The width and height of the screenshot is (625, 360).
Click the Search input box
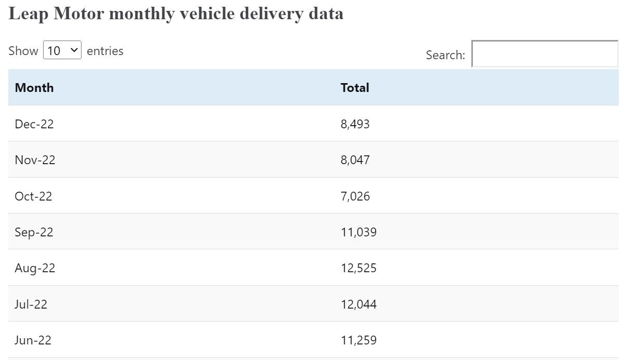pyautogui.click(x=545, y=54)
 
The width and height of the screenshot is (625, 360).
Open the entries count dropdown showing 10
pyautogui.click(x=62, y=50)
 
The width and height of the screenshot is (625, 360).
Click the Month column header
pyautogui.click(x=34, y=87)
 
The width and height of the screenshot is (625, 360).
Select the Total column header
pyautogui.click(x=355, y=87)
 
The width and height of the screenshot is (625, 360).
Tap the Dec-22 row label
pyautogui.click(x=34, y=124)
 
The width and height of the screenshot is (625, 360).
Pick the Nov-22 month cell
pyautogui.click(x=35, y=160)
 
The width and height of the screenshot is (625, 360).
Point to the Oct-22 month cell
pyautogui.click(x=33, y=196)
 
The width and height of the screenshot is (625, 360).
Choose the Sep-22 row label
pyautogui.click(x=34, y=232)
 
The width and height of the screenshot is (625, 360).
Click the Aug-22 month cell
pyautogui.click(x=35, y=268)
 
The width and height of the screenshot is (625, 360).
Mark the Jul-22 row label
pyautogui.click(x=31, y=304)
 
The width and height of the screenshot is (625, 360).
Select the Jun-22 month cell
pyautogui.click(x=33, y=340)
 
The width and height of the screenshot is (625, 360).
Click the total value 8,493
pyautogui.click(x=355, y=124)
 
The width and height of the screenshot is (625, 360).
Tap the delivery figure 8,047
pyautogui.click(x=355, y=160)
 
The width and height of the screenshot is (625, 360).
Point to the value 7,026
pyautogui.click(x=355, y=196)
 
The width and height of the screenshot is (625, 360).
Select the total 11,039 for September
pyautogui.click(x=359, y=232)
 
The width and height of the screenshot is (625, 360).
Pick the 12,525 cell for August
pyautogui.click(x=359, y=268)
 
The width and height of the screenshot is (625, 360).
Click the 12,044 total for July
pyautogui.click(x=359, y=304)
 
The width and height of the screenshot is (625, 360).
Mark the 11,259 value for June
pyautogui.click(x=359, y=340)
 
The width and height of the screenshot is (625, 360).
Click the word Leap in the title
pyautogui.click(x=29, y=14)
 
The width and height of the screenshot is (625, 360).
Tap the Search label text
pyautogui.click(x=445, y=55)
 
